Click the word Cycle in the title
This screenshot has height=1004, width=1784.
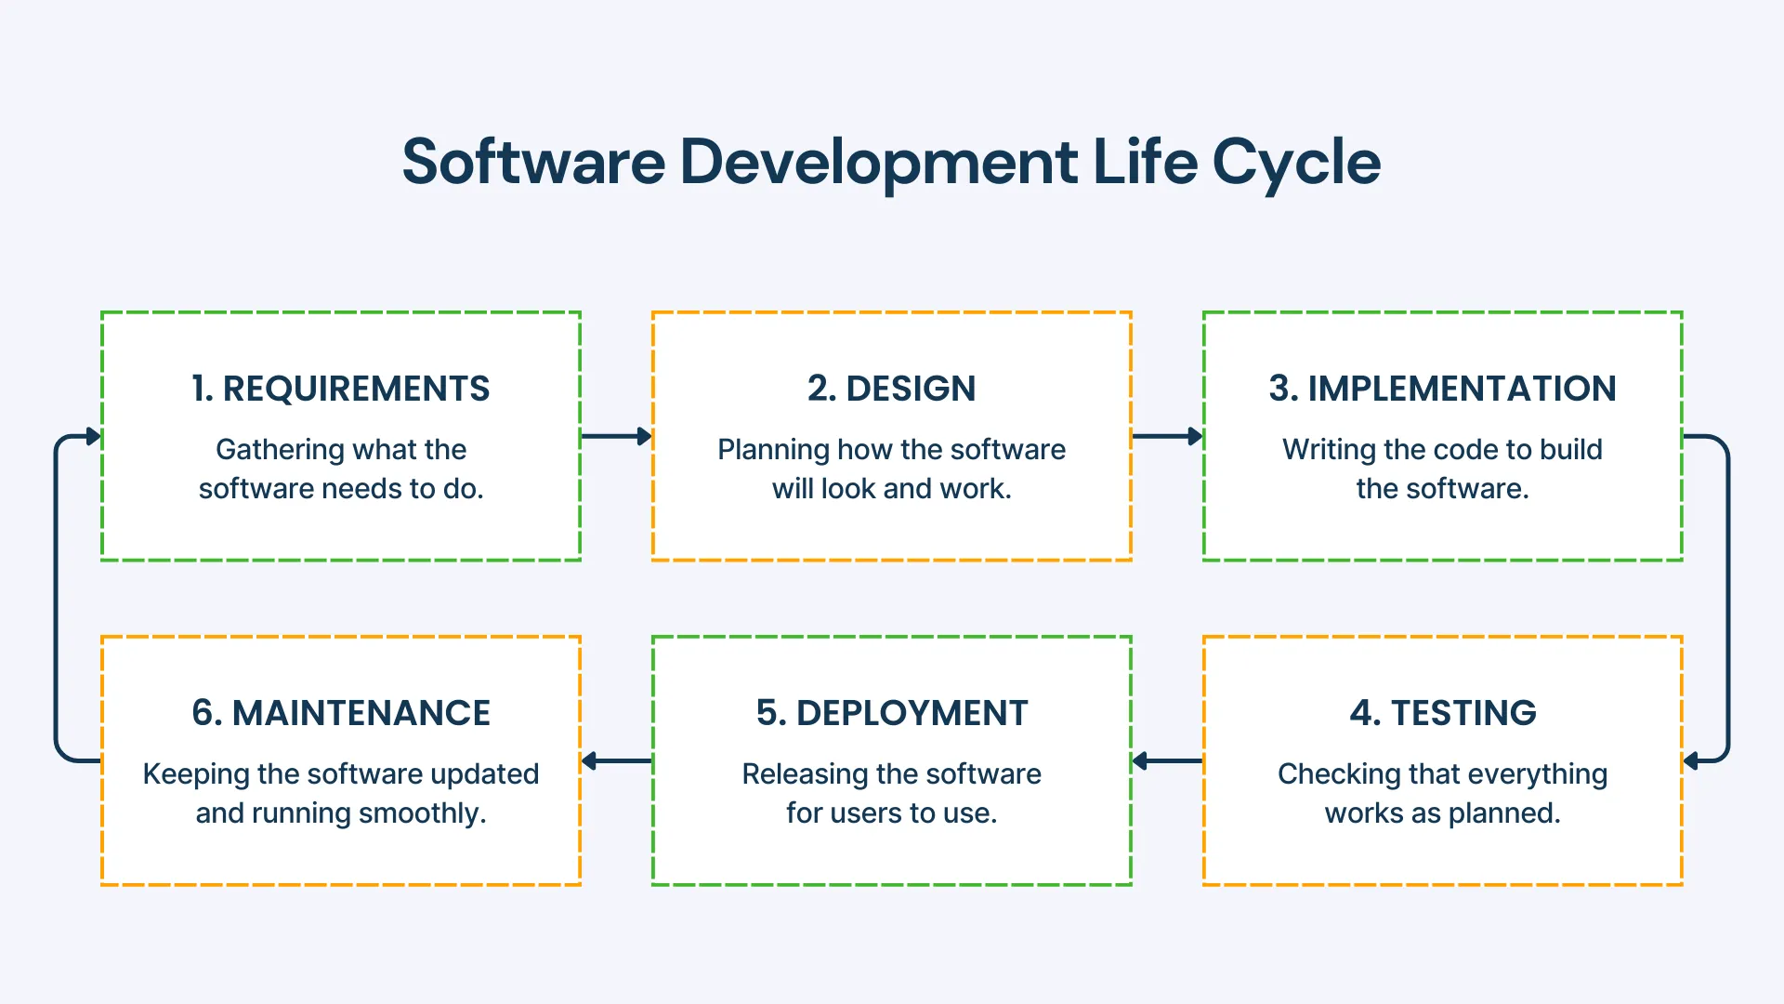point(1295,163)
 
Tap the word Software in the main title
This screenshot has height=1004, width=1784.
point(533,163)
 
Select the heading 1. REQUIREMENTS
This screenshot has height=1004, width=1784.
point(340,389)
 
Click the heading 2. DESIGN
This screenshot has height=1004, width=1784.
point(891,389)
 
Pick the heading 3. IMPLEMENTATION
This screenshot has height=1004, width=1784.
point(1442,389)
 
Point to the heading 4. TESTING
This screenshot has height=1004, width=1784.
point(1442,713)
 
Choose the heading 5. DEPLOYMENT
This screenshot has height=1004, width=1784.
point(891,713)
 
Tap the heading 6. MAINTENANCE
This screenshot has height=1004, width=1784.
point(340,713)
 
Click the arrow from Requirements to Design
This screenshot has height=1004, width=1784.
point(616,436)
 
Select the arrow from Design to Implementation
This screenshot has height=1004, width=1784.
point(1167,436)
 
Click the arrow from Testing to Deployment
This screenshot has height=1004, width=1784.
point(1167,760)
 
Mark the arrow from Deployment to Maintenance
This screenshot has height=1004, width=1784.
point(616,760)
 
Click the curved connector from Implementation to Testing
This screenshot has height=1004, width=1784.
point(1728,599)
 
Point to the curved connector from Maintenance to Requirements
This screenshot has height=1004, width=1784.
point(56,599)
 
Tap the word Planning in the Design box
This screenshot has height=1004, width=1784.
point(772,450)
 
